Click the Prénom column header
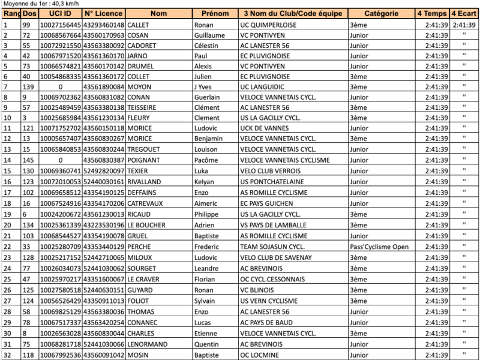[x=215, y=13]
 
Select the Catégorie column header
[x=380, y=13]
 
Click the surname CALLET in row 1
[x=139, y=25]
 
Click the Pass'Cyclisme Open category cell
[x=379, y=247]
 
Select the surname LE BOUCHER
[x=148, y=226]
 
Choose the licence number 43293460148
[x=104, y=25]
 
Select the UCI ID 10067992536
[x=60, y=355]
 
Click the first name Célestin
[x=207, y=46]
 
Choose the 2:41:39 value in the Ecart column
[x=464, y=25]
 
